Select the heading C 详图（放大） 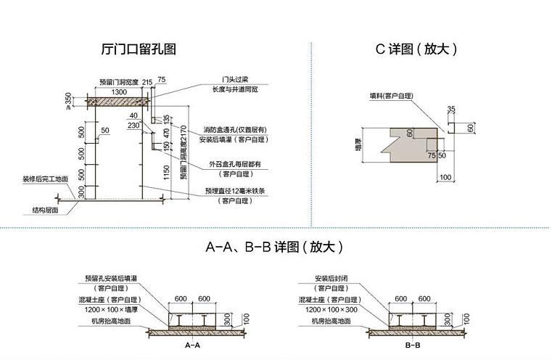pos(416,50)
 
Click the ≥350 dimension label pos(69,99)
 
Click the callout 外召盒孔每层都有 pos(235,164)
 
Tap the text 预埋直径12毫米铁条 pos(235,192)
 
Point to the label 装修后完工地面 pos(45,179)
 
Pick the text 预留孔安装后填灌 pos(111,278)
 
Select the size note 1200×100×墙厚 pos(110,309)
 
